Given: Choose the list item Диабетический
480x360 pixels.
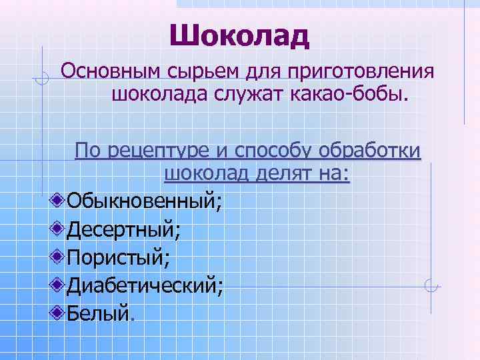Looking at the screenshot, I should pos(145,286).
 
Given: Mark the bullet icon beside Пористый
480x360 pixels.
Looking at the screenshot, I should pos(59,256).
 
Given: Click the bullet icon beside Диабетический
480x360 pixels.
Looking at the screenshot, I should pos(59,285).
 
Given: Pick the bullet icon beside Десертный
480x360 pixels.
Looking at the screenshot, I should pos(59,227).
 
